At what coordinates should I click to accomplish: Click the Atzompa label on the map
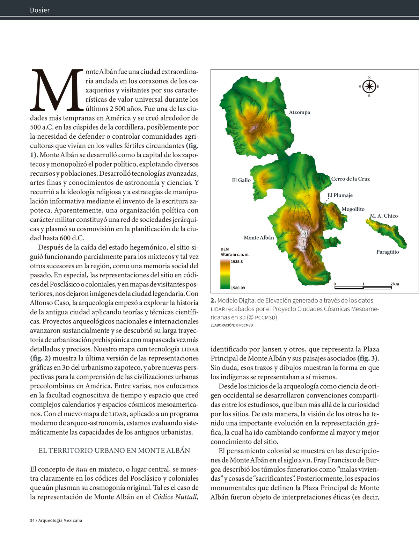point(299,112)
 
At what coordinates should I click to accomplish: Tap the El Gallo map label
point(241,180)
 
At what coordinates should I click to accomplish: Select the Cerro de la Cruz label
point(350,179)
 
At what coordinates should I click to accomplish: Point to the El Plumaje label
point(340,195)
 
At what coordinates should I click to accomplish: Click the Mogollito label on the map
point(353,209)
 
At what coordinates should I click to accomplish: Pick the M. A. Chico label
point(384,216)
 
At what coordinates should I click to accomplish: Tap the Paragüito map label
point(387,252)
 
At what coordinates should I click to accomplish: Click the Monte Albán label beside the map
point(259,238)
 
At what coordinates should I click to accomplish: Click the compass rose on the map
point(369,87)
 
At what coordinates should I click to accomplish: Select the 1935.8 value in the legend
point(237,262)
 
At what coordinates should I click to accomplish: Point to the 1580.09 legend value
point(238,288)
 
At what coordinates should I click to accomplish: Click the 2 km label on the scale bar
point(395,284)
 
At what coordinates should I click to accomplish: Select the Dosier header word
point(40,10)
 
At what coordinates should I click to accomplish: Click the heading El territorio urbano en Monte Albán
point(114,451)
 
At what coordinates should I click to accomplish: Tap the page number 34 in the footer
point(32,520)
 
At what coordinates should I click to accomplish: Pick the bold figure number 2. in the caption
point(213,300)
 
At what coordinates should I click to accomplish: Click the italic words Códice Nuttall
point(175,497)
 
